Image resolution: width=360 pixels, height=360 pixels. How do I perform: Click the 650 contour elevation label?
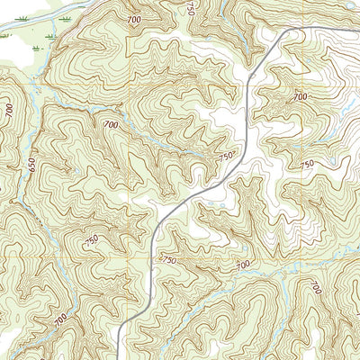click(31, 167)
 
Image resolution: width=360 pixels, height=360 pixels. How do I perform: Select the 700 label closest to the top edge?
click(134, 19)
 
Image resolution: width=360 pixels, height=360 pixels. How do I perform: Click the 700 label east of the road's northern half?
click(300, 95)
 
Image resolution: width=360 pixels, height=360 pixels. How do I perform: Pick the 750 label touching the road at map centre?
click(226, 157)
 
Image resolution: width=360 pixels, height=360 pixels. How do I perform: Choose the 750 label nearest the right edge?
click(307, 164)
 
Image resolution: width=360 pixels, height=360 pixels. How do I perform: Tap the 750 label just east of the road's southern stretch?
click(168, 259)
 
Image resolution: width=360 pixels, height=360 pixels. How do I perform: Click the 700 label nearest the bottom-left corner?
click(60, 319)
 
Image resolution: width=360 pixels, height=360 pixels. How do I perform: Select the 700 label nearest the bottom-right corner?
click(316, 288)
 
